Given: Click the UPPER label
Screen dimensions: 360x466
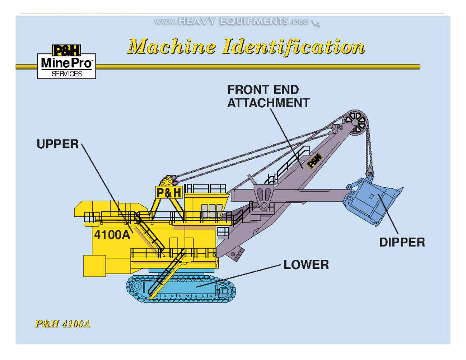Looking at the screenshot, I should click(57, 144).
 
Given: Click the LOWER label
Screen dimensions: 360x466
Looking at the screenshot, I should click(306, 265).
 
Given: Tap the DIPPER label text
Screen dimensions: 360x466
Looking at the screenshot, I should click(402, 242).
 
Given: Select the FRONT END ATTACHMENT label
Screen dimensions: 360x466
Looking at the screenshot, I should click(268, 97).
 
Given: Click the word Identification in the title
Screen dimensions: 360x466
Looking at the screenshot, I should click(294, 47).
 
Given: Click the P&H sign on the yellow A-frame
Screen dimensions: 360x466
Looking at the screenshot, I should click(169, 192).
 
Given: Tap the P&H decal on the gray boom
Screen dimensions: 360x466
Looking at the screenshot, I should click(315, 160).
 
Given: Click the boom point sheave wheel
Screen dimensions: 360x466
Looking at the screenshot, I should click(356, 122).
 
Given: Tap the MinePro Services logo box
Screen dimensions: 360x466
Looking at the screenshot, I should click(66, 62).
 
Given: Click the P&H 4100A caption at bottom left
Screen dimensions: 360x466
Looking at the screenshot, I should click(63, 323).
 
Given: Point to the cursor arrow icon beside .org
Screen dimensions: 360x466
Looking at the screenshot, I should click(316, 24).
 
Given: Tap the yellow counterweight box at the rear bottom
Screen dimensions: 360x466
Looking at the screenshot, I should click(94, 266).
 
